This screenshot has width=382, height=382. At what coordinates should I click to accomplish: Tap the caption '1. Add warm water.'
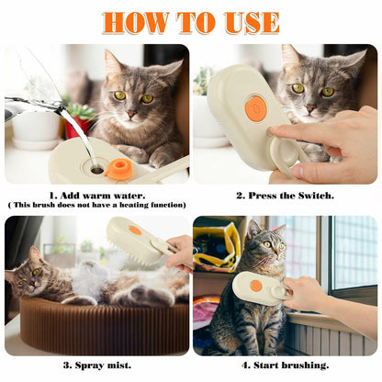click(x=96, y=194)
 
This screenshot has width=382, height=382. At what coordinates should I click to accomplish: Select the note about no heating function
click(x=96, y=205)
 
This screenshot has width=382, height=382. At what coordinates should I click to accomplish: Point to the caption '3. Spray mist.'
click(x=96, y=365)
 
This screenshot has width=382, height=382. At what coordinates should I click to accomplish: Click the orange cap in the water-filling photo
click(x=118, y=169)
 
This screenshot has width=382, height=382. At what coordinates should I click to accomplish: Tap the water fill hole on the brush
click(x=96, y=168)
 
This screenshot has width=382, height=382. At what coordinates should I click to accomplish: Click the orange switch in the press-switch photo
click(x=255, y=108)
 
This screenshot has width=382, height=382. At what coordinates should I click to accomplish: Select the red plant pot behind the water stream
click(x=75, y=127)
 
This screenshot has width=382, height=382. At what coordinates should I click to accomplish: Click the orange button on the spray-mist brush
click(x=135, y=230)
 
